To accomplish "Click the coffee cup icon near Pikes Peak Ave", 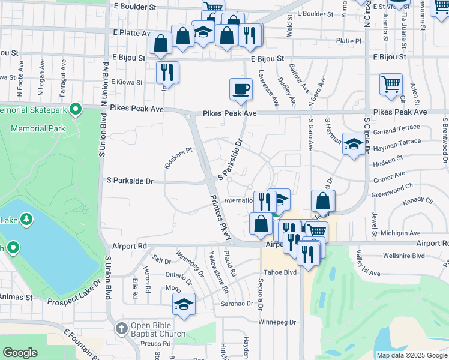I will [241, 89].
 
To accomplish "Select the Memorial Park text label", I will [41, 128].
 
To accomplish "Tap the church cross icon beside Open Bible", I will [121, 329].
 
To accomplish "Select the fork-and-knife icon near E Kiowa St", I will [167, 73].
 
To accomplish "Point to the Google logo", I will [20, 353].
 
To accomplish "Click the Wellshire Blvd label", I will [403, 256].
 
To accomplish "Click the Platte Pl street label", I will [349, 41].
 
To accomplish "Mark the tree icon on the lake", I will [26, 220].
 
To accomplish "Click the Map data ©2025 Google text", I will [411, 355].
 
